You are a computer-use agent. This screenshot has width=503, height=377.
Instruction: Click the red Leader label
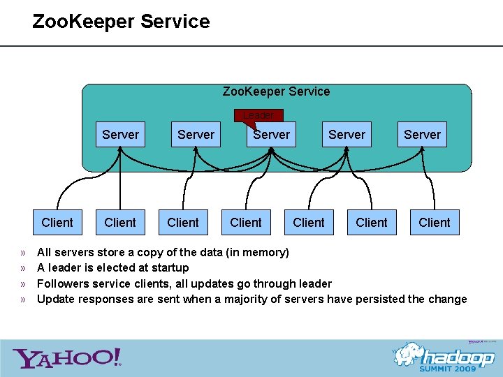tap(258, 115)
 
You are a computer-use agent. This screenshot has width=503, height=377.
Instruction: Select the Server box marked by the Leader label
tap(271, 135)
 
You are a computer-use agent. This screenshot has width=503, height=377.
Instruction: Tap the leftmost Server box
tap(120, 135)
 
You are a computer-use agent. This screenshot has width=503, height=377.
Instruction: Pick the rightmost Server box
tap(422, 135)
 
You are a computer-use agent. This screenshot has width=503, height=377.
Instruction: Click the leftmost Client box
tap(57, 223)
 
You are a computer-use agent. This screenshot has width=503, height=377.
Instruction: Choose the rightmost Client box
tap(435, 223)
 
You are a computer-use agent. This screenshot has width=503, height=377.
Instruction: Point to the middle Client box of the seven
tap(246, 223)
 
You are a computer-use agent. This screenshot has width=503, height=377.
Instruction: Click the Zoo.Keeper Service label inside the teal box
tap(276, 91)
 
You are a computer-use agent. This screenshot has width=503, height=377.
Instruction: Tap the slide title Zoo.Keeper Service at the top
tap(121, 22)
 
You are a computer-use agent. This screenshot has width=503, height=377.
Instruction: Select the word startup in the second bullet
tap(170, 267)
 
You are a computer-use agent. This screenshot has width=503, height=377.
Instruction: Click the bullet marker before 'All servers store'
tap(23, 252)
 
